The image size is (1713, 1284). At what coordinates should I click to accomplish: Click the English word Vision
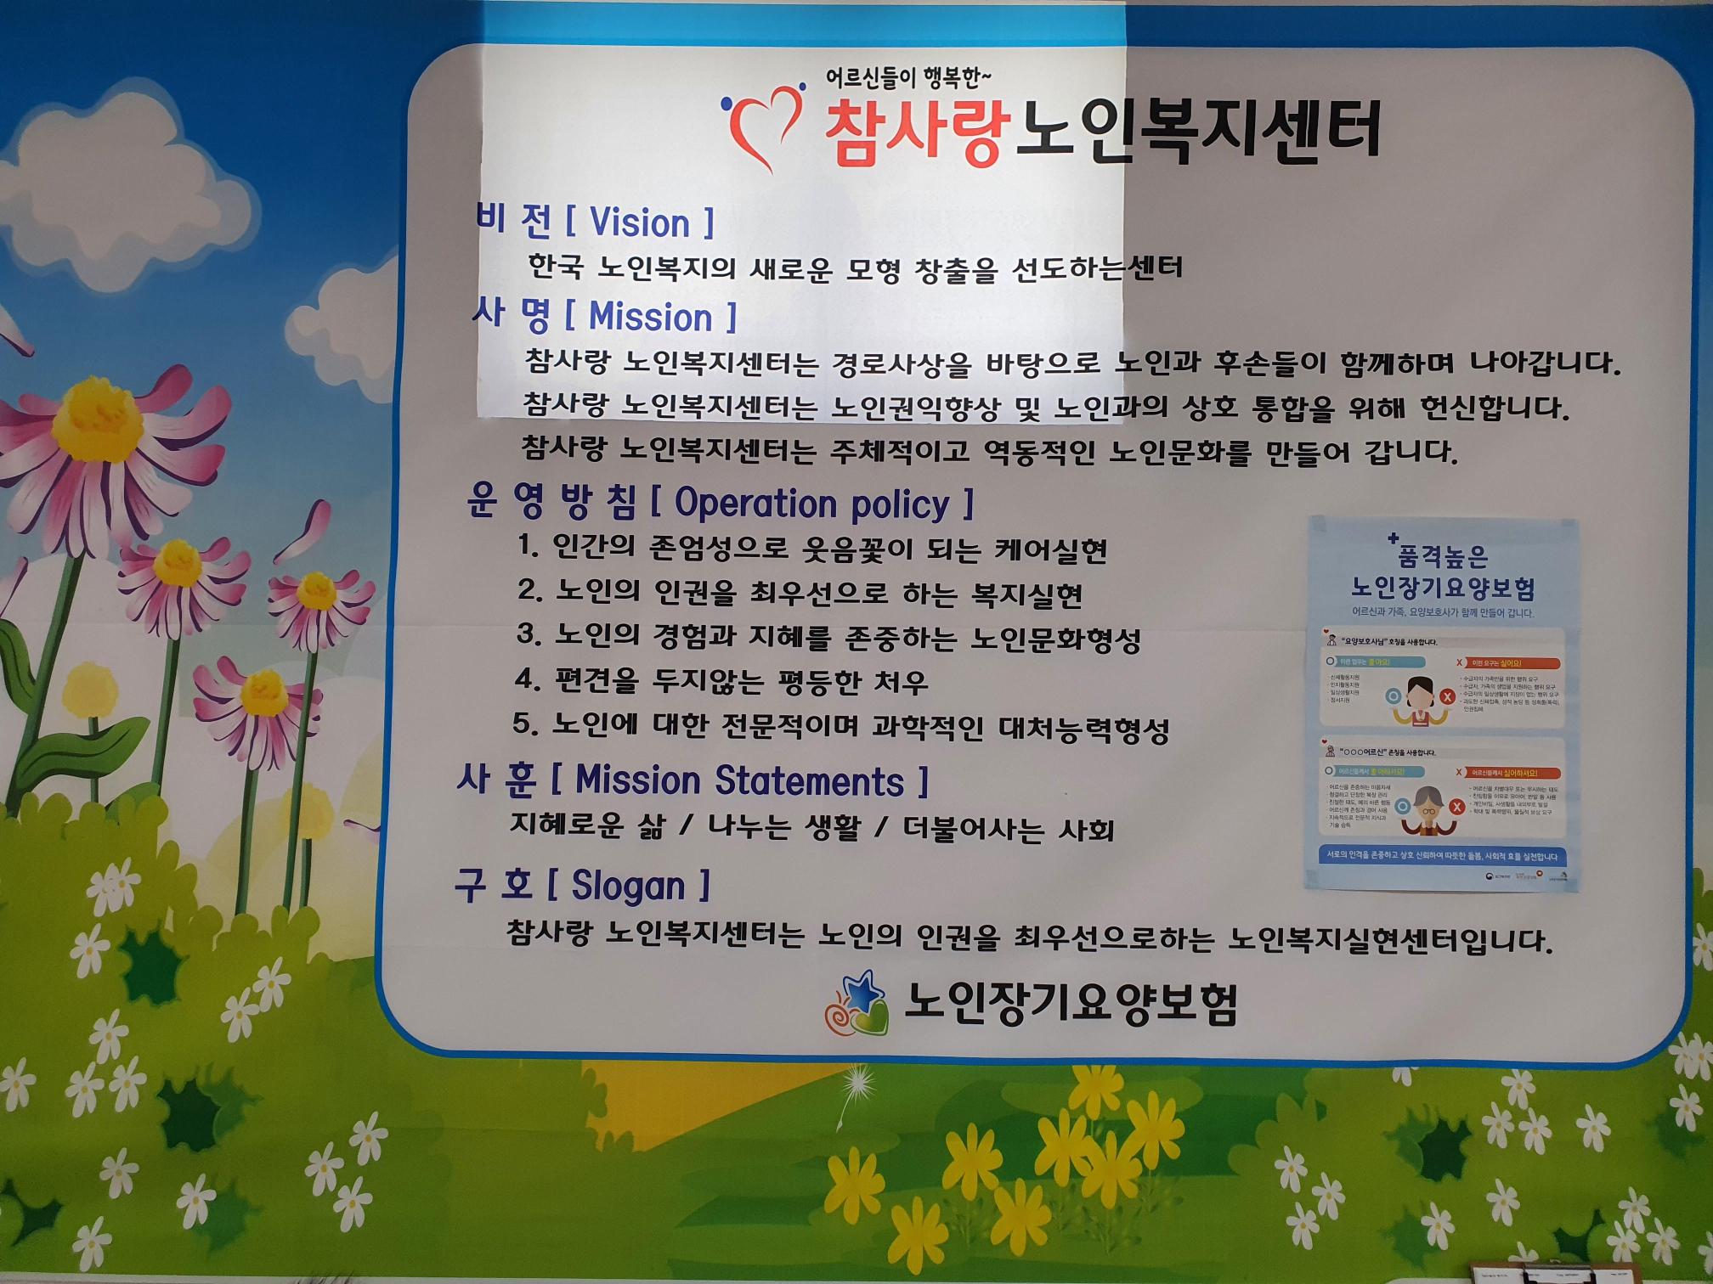(x=640, y=222)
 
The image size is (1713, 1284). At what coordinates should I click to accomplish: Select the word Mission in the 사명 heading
(x=651, y=317)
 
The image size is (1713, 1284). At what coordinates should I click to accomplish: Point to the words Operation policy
(x=811, y=504)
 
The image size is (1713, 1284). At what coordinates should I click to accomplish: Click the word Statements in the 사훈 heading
(x=809, y=781)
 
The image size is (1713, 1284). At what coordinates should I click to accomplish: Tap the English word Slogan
(x=628, y=886)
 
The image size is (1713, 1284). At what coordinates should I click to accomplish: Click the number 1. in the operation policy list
(x=529, y=546)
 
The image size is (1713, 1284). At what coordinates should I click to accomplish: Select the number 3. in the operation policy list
(x=529, y=634)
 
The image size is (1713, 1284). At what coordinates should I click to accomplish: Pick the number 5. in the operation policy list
(x=526, y=724)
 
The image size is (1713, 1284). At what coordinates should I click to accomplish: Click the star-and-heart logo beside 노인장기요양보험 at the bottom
(x=856, y=1004)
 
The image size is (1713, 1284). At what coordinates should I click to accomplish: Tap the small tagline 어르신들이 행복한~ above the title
(x=908, y=79)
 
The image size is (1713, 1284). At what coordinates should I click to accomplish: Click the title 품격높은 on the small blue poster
(x=1443, y=556)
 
